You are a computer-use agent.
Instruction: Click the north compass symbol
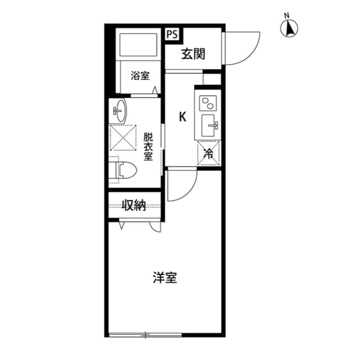pyautogui.click(x=291, y=29)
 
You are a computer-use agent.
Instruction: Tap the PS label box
pyautogui.click(x=172, y=34)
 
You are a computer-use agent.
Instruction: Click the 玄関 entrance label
pyautogui.click(x=192, y=54)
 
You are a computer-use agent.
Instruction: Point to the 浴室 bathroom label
pyautogui.click(x=140, y=75)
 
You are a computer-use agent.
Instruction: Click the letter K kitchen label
pyautogui.click(x=182, y=117)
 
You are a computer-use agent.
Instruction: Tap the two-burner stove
pyautogui.click(x=208, y=103)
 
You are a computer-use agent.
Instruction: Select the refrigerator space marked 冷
pyautogui.click(x=208, y=152)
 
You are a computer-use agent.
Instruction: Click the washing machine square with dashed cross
pyautogui.click(x=123, y=137)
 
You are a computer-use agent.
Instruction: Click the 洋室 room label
pyautogui.click(x=165, y=278)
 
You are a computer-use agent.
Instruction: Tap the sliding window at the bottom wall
pyautogui.click(x=146, y=336)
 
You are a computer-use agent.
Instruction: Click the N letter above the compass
pyautogui.click(x=286, y=15)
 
